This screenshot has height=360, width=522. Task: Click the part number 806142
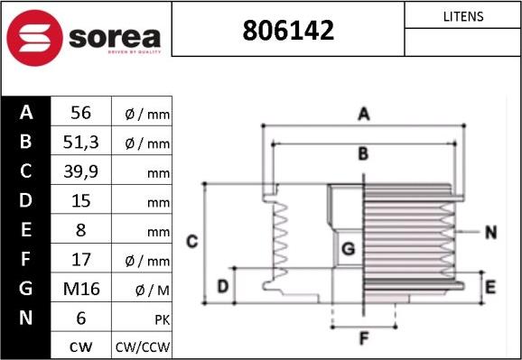[288, 31]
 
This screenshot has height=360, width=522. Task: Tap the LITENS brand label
[463, 16]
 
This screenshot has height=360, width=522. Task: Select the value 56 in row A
[82, 113]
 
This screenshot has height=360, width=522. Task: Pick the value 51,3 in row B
[82, 143]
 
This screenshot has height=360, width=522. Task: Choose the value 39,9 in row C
[82, 171]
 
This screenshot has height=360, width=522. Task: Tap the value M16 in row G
[82, 289]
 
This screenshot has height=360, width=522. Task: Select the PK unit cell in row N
[142, 318]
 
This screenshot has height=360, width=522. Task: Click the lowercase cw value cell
[82, 346]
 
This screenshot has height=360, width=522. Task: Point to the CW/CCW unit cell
[142, 346]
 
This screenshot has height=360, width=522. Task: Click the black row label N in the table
[25, 318]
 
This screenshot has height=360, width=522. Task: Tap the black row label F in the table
[25, 260]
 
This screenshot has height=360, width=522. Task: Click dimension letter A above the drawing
[363, 114]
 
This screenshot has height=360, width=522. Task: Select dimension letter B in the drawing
[363, 154]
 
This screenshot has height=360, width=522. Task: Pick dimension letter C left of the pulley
[191, 241]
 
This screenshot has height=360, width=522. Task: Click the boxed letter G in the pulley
[349, 247]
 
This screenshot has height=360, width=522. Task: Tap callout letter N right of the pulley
[490, 232]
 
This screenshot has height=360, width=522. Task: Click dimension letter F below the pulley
[363, 339]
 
